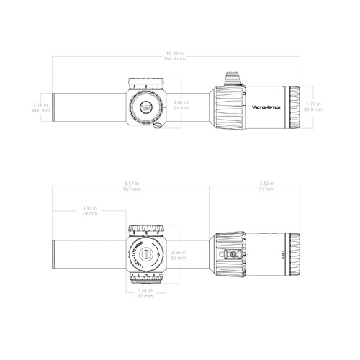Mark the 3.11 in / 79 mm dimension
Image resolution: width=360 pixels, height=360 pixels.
[91, 210]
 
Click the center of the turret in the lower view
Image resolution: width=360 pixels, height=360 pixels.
[146, 253]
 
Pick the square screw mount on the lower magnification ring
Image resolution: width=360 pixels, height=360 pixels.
[233, 253]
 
